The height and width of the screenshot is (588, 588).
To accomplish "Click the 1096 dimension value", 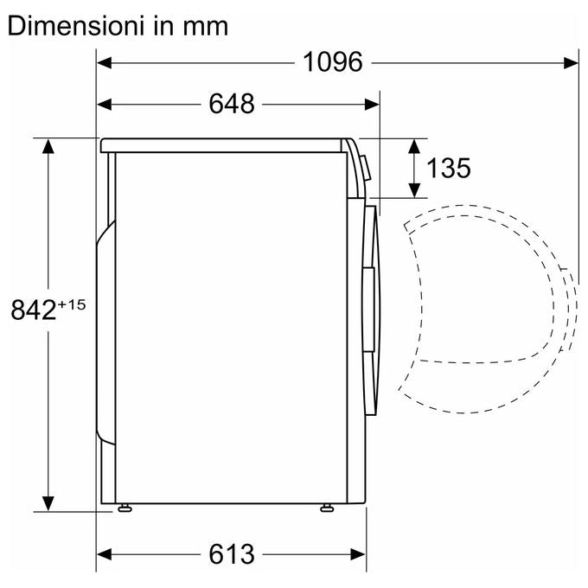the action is [333, 62].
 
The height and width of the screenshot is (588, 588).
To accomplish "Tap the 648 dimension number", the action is [232, 104].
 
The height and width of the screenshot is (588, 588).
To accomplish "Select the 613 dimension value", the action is [232, 554].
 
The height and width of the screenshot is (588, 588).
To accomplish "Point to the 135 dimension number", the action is [449, 168].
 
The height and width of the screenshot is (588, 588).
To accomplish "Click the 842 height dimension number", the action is [34, 310].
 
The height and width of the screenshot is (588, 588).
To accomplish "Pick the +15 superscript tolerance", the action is [71, 304].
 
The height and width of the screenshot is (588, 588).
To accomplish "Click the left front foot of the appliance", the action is [125, 508].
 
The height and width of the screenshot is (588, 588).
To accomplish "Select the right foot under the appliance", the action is [327, 508].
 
